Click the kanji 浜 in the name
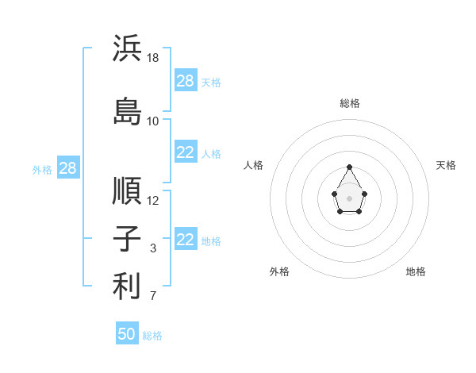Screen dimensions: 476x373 [x=127, y=48]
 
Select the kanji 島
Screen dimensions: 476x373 [x=127, y=111]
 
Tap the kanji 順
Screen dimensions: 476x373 [x=127, y=190]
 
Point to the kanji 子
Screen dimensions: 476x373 [x=127, y=238]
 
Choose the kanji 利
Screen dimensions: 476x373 [x=127, y=286]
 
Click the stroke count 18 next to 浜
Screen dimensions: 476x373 [x=152, y=58]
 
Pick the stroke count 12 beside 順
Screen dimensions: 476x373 [x=152, y=201]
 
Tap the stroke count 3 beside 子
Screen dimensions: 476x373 [x=153, y=248]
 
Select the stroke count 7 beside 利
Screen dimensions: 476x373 [x=153, y=295]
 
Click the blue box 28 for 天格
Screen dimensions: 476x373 [x=186, y=80]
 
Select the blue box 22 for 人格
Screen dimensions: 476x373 [x=186, y=152]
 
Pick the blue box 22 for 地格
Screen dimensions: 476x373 [x=186, y=238]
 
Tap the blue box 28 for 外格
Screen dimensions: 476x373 [x=68, y=167]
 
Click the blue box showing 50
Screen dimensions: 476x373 [x=127, y=333]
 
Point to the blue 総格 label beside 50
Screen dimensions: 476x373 [x=152, y=336]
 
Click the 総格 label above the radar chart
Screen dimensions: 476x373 [x=350, y=103]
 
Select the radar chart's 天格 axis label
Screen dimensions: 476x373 [x=446, y=165]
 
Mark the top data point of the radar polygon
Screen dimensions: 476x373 [x=349, y=167]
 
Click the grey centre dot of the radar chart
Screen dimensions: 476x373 [x=349, y=198]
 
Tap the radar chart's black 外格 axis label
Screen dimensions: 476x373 [x=279, y=271]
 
